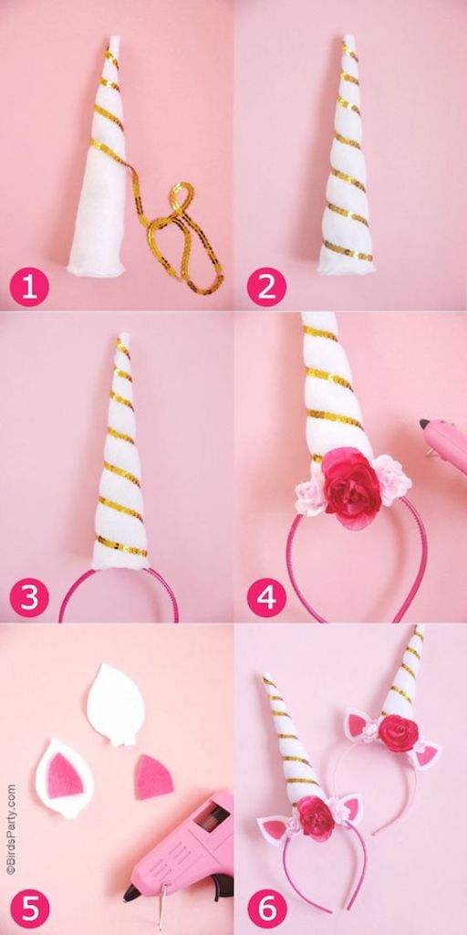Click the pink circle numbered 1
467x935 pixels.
tap(29, 288)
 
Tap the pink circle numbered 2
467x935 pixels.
tap(267, 288)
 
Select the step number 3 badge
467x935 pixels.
tap(29, 597)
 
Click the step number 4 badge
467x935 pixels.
tap(267, 597)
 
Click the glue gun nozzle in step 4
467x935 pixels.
tap(425, 425)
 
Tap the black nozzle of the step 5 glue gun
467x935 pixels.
tap(132, 892)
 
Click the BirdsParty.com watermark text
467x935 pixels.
tap(11, 830)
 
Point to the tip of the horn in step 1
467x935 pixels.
tap(114, 39)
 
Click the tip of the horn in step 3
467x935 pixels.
tap(124, 336)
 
